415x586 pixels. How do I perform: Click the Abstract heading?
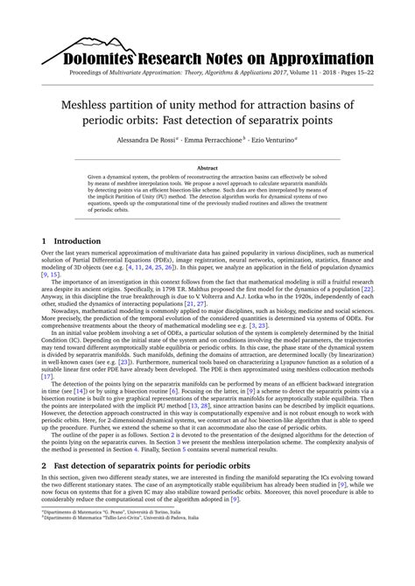207,167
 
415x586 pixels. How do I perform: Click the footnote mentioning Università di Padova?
109,569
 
